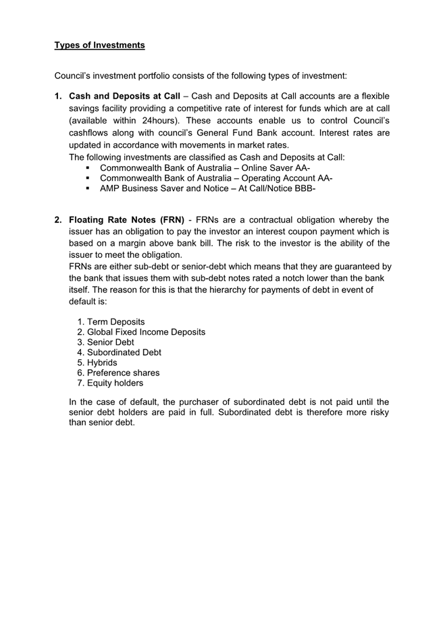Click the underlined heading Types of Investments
coord(99,45)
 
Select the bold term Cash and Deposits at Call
coord(124,97)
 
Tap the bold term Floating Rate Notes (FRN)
coord(126,220)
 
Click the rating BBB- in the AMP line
coord(301,188)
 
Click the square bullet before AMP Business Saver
coord(88,188)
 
